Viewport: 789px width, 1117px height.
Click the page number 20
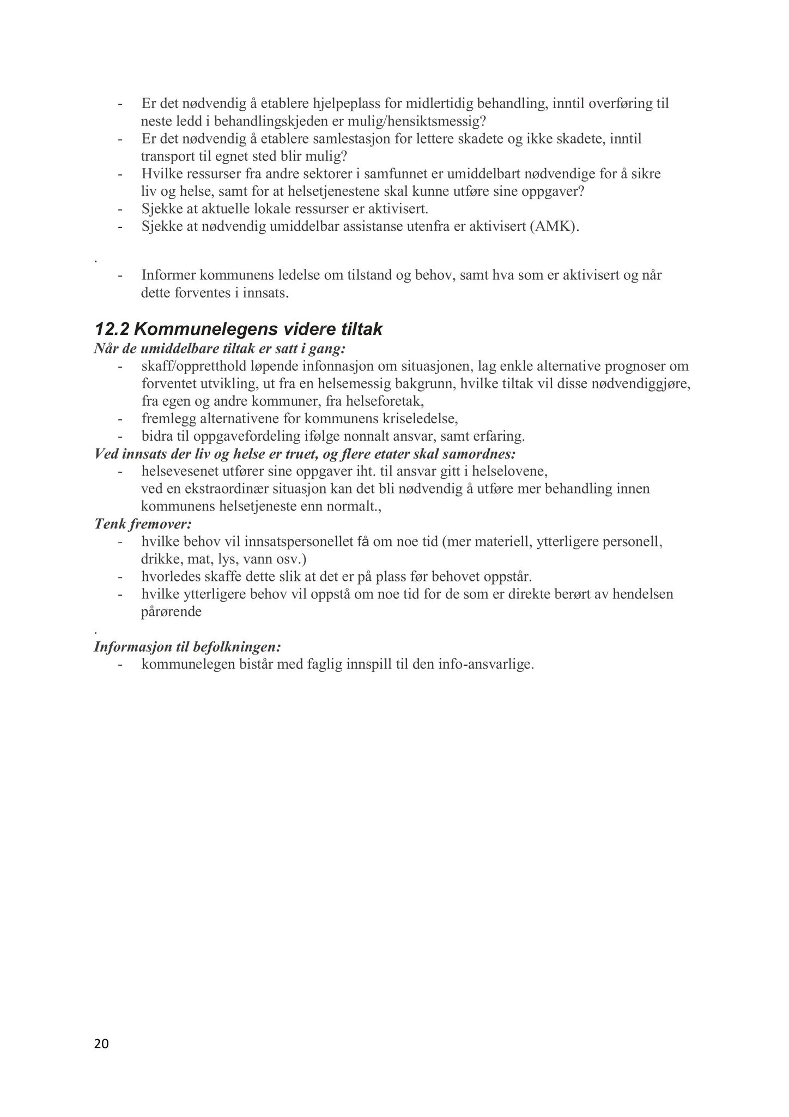[101, 1044]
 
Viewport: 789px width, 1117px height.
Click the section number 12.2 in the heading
[111, 329]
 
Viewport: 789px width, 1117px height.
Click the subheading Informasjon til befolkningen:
[187, 647]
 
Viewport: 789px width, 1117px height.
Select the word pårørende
[171, 611]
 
